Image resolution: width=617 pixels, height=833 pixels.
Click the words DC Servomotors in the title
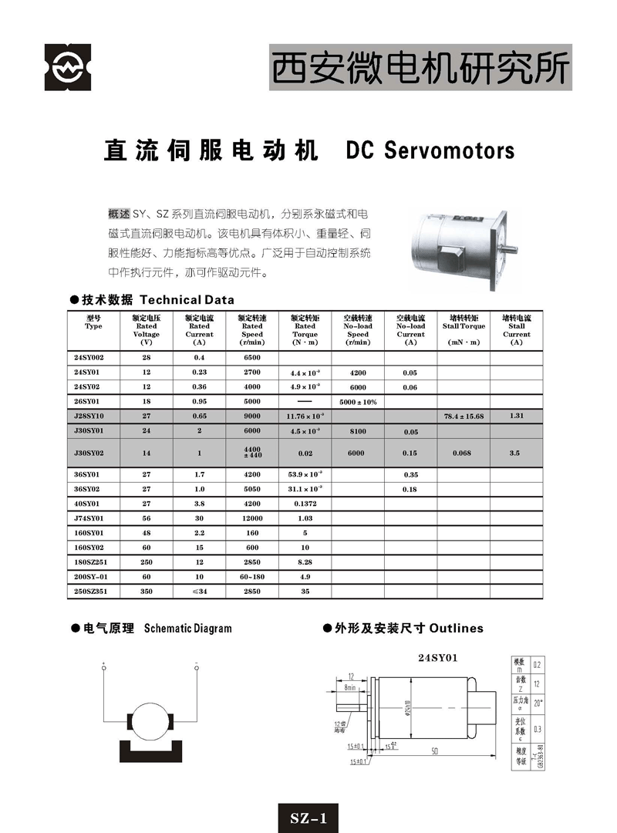tap(430, 150)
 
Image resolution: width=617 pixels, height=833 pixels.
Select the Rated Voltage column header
tap(147, 329)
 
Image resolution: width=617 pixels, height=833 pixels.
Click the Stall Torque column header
tap(464, 329)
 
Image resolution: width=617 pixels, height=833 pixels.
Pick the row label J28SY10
tap(89, 416)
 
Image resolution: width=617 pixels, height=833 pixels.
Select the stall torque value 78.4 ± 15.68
tap(464, 416)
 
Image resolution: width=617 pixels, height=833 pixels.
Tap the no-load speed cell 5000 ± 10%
tap(358, 402)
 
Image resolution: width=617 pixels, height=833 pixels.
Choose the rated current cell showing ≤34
tap(199, 591)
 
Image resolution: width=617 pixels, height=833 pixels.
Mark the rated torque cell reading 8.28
tap(305, 562)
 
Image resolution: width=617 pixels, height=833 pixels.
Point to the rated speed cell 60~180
tap(252, 576)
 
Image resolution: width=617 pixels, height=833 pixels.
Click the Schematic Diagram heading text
tap(187, 629)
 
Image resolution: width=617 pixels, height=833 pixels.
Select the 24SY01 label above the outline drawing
tap(438, 658)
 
